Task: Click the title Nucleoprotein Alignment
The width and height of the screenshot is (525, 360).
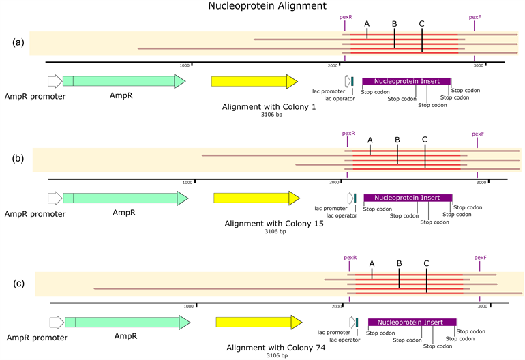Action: pyautogui.click(x=262, y=7)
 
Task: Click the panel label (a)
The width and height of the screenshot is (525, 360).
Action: pyautogui.click(x=18, y=42)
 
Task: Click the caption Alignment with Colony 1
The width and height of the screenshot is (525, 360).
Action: pyautogui.click(x=269, y=107)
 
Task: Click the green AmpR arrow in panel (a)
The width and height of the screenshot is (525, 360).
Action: pyautogui.click(x=123, y=81)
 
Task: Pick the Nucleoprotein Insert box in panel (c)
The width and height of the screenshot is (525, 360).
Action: pyautogui.click(x=411, y=322)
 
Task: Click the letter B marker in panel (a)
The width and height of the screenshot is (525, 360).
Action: pyautogui.click(x=394, y=24)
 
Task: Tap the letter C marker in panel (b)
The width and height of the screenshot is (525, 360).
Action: pyautogui.click(x=424, y=140)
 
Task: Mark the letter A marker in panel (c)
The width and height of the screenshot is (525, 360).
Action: pyautogui.click(x=372, y=263)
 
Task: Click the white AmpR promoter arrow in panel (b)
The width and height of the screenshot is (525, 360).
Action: pyautogui.click(x=54, y=198)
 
